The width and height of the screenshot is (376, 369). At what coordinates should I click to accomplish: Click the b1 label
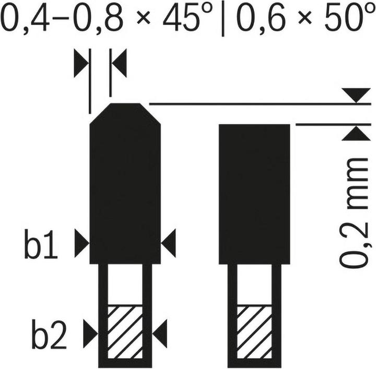[x=41, y=244]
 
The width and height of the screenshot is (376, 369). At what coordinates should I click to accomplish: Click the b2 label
[x=49, y=334]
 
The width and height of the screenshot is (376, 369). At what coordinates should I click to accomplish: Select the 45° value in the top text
[x=187, y=16]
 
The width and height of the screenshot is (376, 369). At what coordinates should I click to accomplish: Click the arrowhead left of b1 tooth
[x=82, y=243]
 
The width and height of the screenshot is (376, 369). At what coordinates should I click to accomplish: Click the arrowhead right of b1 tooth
[x=168, y=243]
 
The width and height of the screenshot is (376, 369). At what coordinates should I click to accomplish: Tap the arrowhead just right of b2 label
[x=91, y=334]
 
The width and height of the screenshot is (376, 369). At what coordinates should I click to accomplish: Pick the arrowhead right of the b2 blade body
[x=160, y=334]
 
